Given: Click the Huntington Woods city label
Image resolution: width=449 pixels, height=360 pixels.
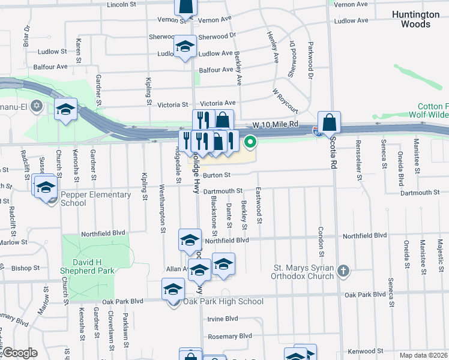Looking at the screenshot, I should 411,19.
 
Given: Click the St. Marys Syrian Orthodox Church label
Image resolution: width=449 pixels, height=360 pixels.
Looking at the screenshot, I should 304,272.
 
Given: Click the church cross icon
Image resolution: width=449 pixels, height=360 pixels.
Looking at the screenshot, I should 343,271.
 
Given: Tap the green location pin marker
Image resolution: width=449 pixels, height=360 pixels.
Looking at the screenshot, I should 250,142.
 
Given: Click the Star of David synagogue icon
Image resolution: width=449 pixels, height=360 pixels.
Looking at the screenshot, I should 36,106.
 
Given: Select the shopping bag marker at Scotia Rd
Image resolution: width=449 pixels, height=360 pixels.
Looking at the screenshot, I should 330,122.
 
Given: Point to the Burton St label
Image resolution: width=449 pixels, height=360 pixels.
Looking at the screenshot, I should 216,175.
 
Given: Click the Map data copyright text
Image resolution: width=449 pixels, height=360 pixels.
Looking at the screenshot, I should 423,355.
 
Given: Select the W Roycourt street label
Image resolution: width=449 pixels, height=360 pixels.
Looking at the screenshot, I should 285,100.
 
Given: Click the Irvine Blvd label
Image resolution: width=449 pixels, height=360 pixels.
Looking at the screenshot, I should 223,319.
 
